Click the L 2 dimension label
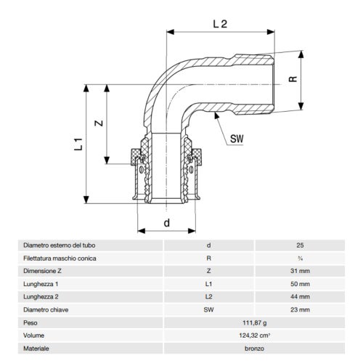(221, 25)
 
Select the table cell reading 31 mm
(300, 270)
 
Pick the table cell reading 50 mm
(300, 283)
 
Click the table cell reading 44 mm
(300, 296)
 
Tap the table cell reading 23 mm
(300, 309)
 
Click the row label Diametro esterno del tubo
(58, 245)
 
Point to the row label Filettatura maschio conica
(58, 258)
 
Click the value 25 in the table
(300, 245)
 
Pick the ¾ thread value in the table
(300, 258)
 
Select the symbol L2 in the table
(209, 296)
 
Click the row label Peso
(31, 322)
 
